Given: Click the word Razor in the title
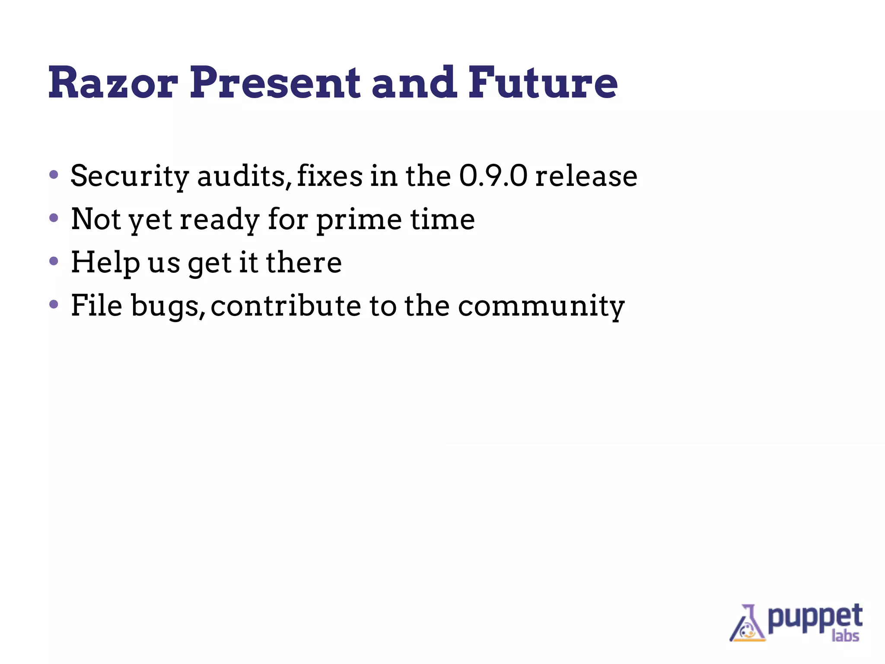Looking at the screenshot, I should click(113, 83).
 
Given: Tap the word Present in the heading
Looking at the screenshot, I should click(275, 83).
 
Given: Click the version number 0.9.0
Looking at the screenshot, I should click(493, 176).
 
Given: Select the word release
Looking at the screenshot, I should click(586, 176).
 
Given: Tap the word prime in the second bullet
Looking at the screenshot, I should click(359, 219).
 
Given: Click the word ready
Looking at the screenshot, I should click(219, 219).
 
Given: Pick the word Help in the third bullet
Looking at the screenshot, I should click(105, 262).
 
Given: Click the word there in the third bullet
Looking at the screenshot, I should click(303, 262).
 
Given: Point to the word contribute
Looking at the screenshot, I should click(286, 306).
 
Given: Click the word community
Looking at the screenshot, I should click(541, 306).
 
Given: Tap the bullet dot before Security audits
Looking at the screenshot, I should click(54, 175).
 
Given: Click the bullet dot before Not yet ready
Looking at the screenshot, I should click(54, 218).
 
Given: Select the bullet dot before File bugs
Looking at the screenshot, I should click(54, 304).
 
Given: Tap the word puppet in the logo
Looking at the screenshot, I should click(815, 617).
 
